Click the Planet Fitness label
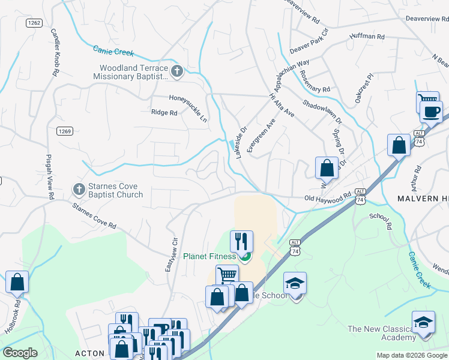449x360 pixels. click(209, 257)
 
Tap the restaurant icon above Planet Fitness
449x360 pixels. click(241, 241)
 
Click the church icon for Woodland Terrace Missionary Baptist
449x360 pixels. click(176, 72)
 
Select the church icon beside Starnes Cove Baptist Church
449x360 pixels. click(79, 190)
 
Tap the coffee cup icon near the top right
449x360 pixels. click(430, 112)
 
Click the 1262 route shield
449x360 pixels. click(34, 23)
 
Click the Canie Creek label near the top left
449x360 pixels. click(113, 52)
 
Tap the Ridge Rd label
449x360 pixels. click(164, 112)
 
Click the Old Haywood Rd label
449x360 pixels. click(327, 197)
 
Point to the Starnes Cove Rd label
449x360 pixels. click(94, 217)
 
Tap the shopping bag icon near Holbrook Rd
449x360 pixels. click(17, 281)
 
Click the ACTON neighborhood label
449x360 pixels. click(90, 353)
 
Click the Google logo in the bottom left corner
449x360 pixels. click(20, 352)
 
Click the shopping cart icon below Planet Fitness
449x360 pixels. click(227, 275)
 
